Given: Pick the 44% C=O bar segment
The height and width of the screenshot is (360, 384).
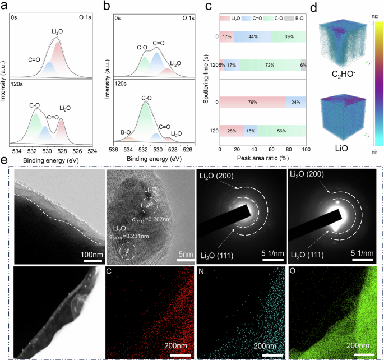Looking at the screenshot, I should tap(252, 37).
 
